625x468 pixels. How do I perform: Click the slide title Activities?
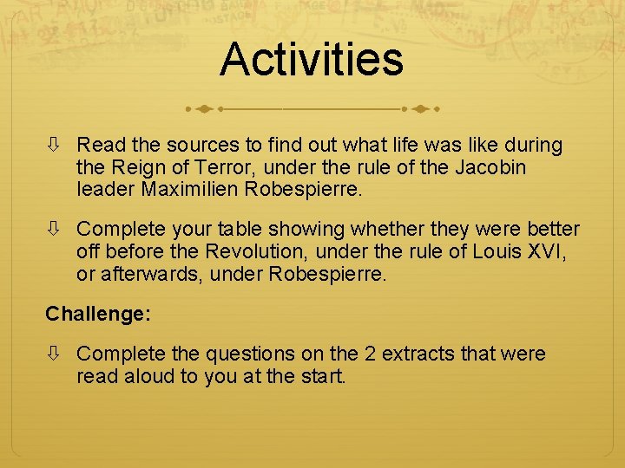coord(312,60)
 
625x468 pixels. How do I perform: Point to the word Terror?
coord(224,166)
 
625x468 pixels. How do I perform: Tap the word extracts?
coord(417,354)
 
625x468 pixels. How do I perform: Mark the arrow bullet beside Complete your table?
coord(54,229)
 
